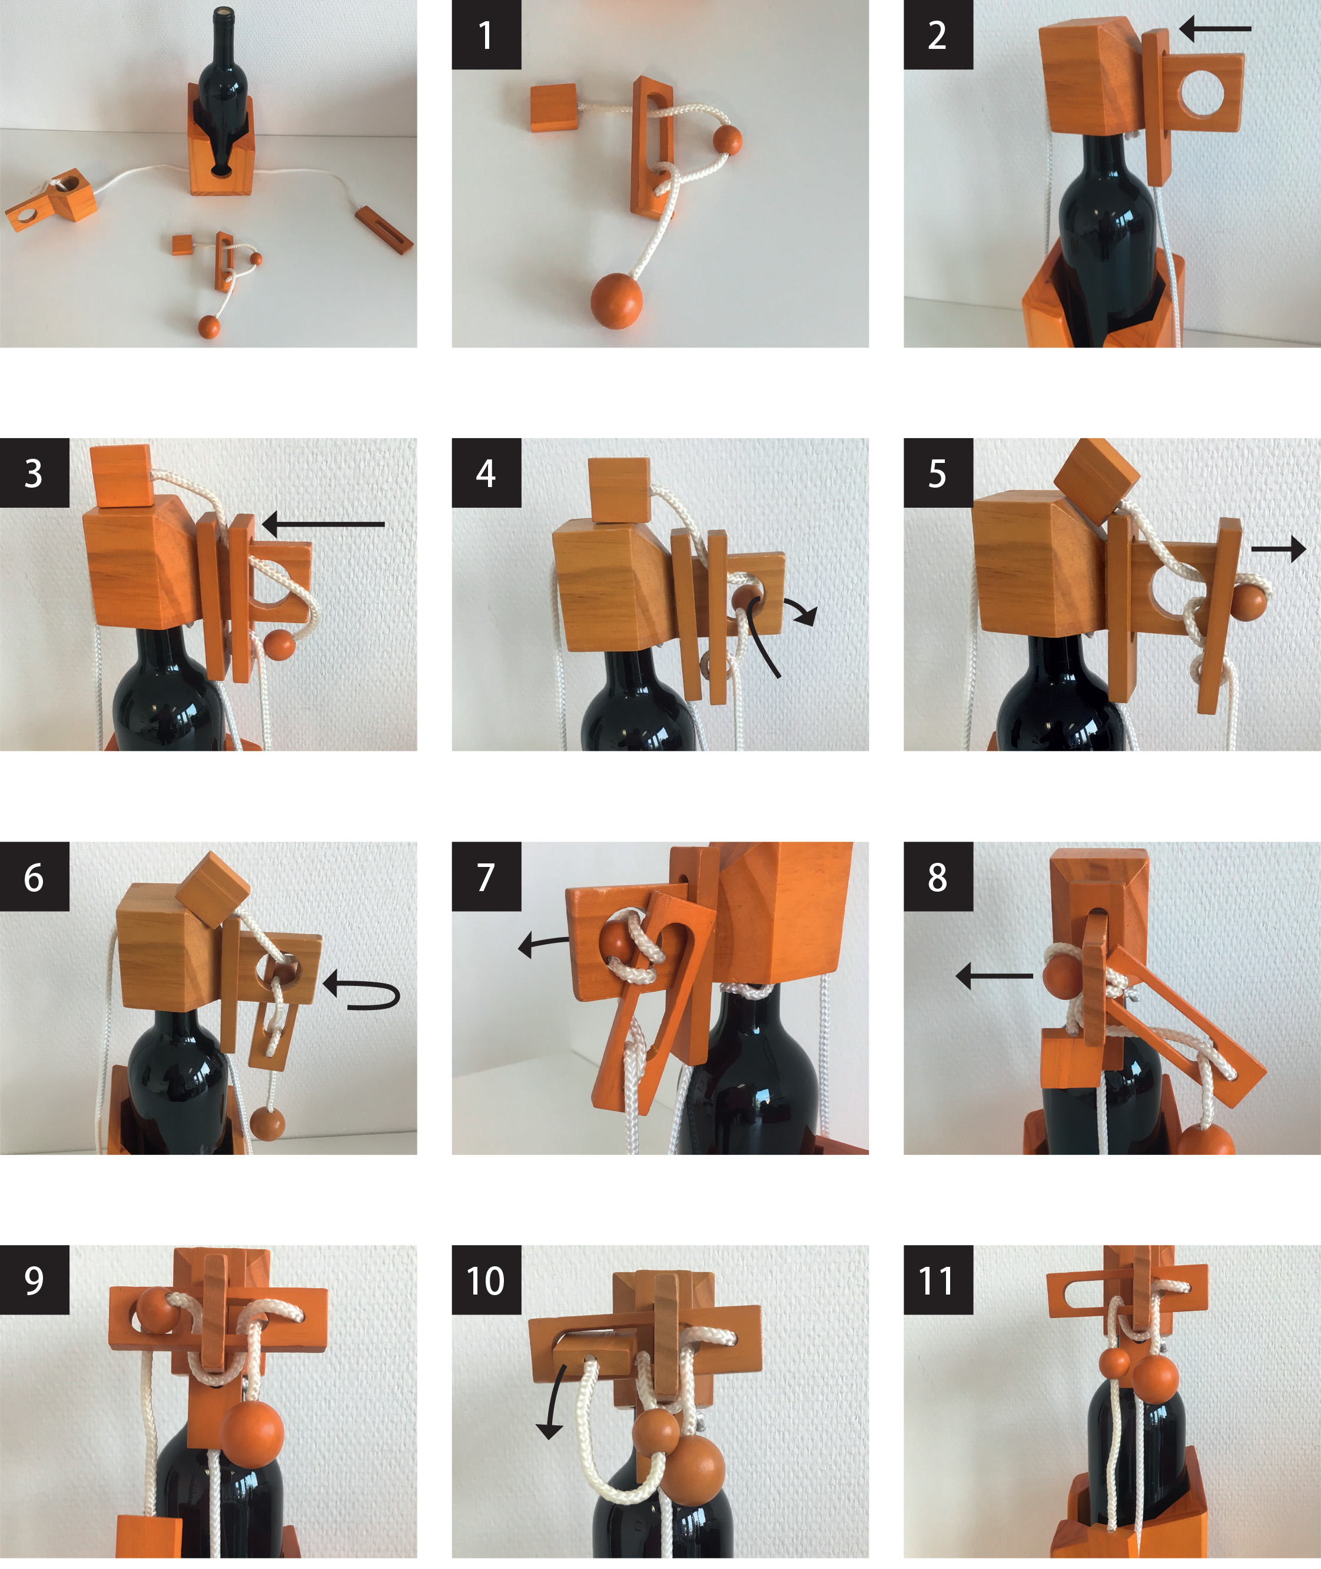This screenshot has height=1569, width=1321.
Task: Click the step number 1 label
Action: click(486, 35)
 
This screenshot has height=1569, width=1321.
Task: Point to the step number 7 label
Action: click(486, 876)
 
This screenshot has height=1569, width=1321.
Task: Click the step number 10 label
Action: click(486, 1280)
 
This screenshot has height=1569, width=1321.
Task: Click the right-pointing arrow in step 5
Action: click(1278, 550)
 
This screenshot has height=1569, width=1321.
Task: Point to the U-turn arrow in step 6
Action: click(363, 991)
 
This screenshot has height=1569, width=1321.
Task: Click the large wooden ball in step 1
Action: click(616, 300)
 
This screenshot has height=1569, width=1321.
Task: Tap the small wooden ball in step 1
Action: click(726, 140)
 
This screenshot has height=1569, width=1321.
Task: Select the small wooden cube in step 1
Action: click(553, 108)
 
